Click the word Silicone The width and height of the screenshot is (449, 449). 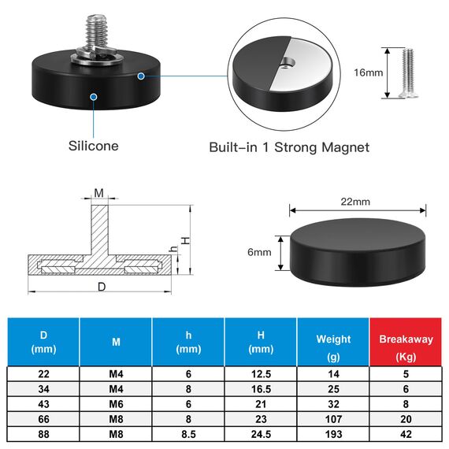pos(93,146)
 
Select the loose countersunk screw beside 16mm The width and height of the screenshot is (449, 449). pos(407,73)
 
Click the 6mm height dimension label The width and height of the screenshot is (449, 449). pos(258,252)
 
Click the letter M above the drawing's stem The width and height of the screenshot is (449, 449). pos(99,193)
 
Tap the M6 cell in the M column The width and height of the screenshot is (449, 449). pos(115,404)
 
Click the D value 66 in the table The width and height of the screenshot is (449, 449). pos(43,420)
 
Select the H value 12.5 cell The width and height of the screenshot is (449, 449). pos(260,373)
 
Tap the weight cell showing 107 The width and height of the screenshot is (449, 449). pos(333,420)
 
